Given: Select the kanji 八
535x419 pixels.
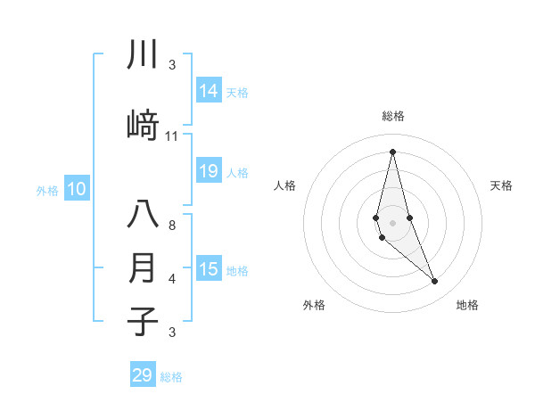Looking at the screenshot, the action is [143, 217].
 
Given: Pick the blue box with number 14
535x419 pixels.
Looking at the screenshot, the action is [209, 91].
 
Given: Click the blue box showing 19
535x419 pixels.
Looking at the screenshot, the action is [209, 171].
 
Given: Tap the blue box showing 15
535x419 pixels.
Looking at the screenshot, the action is [209, 270].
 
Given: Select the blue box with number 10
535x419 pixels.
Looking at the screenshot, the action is [76, 189].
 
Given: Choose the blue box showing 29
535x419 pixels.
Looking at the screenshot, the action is [143, 375].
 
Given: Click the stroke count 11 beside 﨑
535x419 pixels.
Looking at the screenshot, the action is [172, 136].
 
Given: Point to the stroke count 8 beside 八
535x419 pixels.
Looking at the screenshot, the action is [171, 226].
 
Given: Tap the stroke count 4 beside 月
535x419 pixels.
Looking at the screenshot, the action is [171, 279].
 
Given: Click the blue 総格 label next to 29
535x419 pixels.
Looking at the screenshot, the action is [171, 377].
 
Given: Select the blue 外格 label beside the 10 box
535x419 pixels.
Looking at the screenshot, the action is [46, 190].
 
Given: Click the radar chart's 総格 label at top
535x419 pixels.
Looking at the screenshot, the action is [392, 116].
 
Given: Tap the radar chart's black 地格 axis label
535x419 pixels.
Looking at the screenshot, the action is [467, 305].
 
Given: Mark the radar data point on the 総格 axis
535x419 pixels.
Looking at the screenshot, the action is [392, 152].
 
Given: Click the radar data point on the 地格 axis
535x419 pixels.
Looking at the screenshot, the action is [435, 282].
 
